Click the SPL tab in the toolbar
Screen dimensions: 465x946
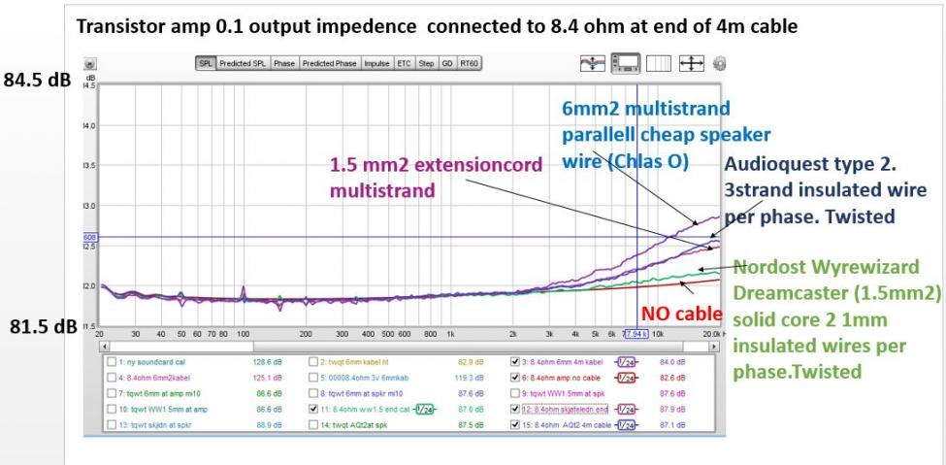(x=206, y=64)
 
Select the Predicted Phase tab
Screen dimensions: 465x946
(x=331, y=64)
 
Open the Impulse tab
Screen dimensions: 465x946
(x=376, y=64)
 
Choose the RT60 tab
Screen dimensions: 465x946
(x=470, y=64)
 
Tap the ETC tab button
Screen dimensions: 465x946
(x=404, y=64)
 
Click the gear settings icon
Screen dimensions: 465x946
(x=719, y=64)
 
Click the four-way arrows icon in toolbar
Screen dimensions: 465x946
(x=691, y=64)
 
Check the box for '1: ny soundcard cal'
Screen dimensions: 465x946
(x=112, y=361)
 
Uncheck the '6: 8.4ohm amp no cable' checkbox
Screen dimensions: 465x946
(x=514, y=378)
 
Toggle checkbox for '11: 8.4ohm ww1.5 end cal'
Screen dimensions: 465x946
(x=312, y=411)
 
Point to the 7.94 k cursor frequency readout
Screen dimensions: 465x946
(x=636, y=333)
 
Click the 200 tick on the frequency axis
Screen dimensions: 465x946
(x=306, y=333)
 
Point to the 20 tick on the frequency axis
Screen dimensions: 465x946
(x=100, y=333)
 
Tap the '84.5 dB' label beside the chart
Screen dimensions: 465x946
(x=38, y=80)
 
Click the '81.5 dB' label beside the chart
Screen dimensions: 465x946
(x=38, y=327)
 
